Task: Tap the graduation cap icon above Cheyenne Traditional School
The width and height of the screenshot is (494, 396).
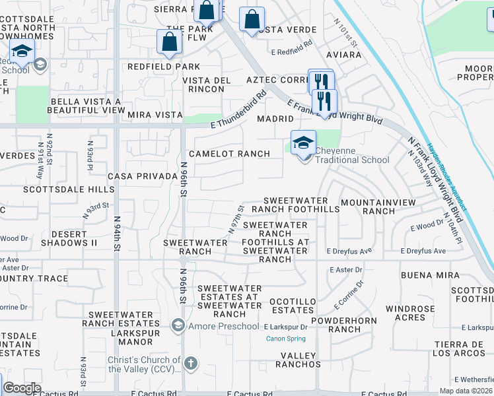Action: (x=304, y=142)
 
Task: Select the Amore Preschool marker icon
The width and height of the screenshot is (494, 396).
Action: (x=177, y=325)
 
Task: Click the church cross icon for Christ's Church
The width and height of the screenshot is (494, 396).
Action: (x=190, y=364)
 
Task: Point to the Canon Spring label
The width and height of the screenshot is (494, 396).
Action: (x=285, y=339)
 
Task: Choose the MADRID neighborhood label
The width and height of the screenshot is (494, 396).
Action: (x=275, y=119)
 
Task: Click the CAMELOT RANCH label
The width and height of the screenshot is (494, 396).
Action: (x=229, y=154)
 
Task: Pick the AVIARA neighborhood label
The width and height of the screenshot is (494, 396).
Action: (x=343, y=55)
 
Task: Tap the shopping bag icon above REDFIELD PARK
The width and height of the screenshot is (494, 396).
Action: (x=169, y=42)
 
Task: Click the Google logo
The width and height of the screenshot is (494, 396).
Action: (x=22, y=388)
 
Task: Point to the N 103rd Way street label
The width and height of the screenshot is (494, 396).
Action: (x=420, y=169)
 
